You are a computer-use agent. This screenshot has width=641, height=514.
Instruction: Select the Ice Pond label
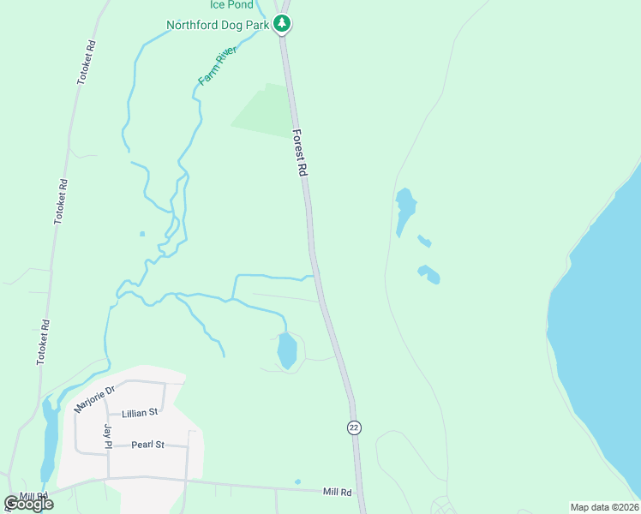point(231,5)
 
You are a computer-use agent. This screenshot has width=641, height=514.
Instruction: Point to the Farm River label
point(217,66)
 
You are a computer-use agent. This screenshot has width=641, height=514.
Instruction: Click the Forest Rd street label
point(300,153)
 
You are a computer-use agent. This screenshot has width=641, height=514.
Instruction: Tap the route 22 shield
point(353,427)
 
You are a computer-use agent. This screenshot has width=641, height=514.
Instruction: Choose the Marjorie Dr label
point(93,399)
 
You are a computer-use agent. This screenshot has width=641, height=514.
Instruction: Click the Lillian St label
point(141,412)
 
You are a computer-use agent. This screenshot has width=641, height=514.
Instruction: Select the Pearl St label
point(147,445)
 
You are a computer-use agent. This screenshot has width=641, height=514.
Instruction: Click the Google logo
point(28,504)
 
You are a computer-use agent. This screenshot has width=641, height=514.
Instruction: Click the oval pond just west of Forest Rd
point(287,350)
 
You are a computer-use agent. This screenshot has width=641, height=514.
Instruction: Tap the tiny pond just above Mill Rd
point(297,481)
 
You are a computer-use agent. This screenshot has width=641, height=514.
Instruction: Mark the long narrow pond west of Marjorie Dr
point(50,437)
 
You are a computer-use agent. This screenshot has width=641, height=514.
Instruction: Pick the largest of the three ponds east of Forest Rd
point(404,210)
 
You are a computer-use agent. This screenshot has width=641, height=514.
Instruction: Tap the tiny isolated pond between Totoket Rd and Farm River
point(142,233)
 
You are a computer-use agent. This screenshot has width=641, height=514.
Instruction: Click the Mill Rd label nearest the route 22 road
point(338,492)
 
